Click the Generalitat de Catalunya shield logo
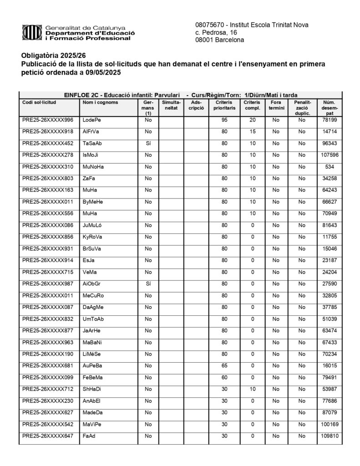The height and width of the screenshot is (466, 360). pos(32,33)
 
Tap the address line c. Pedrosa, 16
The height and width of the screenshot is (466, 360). pos(216,33)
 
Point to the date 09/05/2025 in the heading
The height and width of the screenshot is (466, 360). pos(104,72)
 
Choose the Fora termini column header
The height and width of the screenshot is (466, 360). pos(276,106)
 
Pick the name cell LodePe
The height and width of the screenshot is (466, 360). pos(91,120)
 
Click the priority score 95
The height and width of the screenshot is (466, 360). pos(224,120)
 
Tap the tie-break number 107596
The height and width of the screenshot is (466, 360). pos(330,155)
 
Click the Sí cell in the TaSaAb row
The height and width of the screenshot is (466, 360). pos(148,143)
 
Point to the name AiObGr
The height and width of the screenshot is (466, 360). pos(91,284)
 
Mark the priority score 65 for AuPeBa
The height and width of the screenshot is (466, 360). pos(224,365)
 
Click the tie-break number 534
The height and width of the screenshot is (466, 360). pos(330,167)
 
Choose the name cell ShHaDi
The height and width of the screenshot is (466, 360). pos(92,389)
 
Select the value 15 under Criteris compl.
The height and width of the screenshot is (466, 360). pos(252,132)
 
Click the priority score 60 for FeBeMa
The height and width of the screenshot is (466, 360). pos(224,377)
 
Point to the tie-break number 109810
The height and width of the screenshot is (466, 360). pos(330,436)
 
